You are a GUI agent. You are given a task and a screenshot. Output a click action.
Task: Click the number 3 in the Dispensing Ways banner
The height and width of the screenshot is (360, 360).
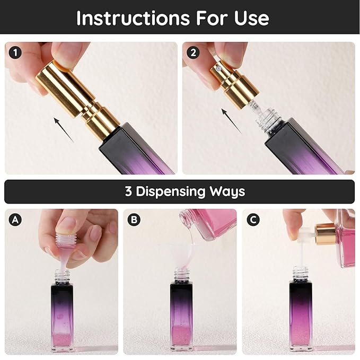[129, 191]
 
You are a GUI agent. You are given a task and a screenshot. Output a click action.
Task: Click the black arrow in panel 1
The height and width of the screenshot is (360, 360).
[64, 130]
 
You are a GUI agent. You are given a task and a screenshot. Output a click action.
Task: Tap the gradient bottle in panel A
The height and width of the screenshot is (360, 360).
[62, 313]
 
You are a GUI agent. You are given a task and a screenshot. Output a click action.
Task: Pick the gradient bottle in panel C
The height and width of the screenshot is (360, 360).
[301, 313]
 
